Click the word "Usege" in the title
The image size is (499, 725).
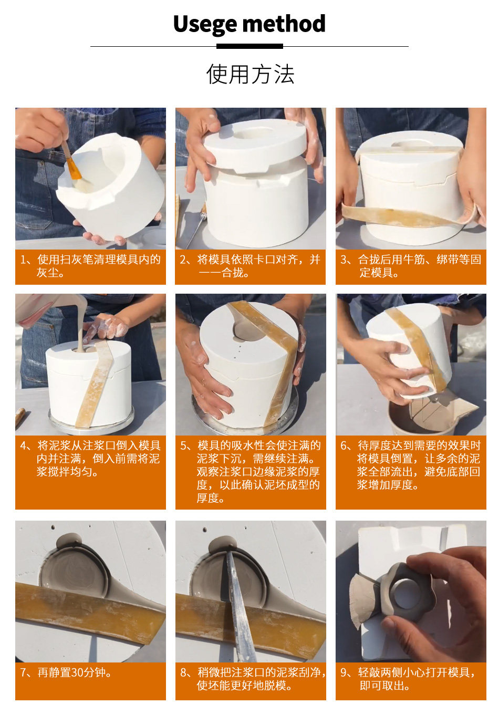click(205, 24)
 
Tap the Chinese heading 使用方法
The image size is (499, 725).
click(250, 74)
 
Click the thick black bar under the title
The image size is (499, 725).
click(250, 46)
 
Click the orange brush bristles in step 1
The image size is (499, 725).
click(73, 170)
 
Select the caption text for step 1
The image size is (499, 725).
click(90, 266)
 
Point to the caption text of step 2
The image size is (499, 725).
click(250, 266)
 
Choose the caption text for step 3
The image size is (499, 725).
click(411, 266)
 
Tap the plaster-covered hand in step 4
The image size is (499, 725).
click(107, 327)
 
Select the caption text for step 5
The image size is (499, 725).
click(250, 472)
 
